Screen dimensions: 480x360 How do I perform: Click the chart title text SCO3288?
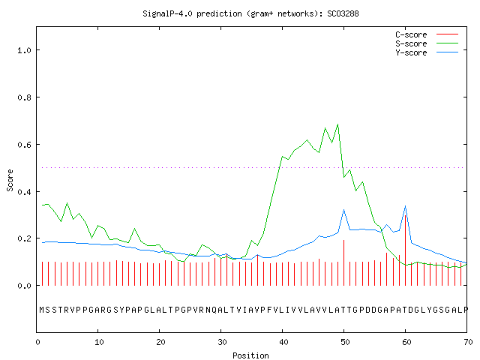(343, 13)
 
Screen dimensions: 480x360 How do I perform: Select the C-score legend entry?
(427, 34)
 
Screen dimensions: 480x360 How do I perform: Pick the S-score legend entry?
(427, 43)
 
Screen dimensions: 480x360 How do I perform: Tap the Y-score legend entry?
(427, 52)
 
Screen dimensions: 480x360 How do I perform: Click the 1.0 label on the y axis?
(24, 50)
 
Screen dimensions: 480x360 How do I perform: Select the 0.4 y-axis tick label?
(24, 192)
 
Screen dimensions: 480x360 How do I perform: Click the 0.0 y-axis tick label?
(24, 286)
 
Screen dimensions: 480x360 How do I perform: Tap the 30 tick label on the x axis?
(222, 342)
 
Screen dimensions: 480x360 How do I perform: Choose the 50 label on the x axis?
(345, 342)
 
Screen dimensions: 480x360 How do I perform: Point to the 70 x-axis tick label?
(468, 342)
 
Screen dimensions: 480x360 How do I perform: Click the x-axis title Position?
(250, 355)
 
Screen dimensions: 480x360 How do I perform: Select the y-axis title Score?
(10, 180)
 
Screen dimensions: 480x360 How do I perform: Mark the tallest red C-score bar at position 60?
(405, 250)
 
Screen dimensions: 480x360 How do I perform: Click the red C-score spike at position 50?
(343, 262)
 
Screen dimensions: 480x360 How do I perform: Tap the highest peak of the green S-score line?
(337, 124)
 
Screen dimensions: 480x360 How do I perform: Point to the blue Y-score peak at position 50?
(343, 210)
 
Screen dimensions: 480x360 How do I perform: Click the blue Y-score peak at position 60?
(405, 206)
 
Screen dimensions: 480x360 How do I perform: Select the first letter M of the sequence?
(42, 310)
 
